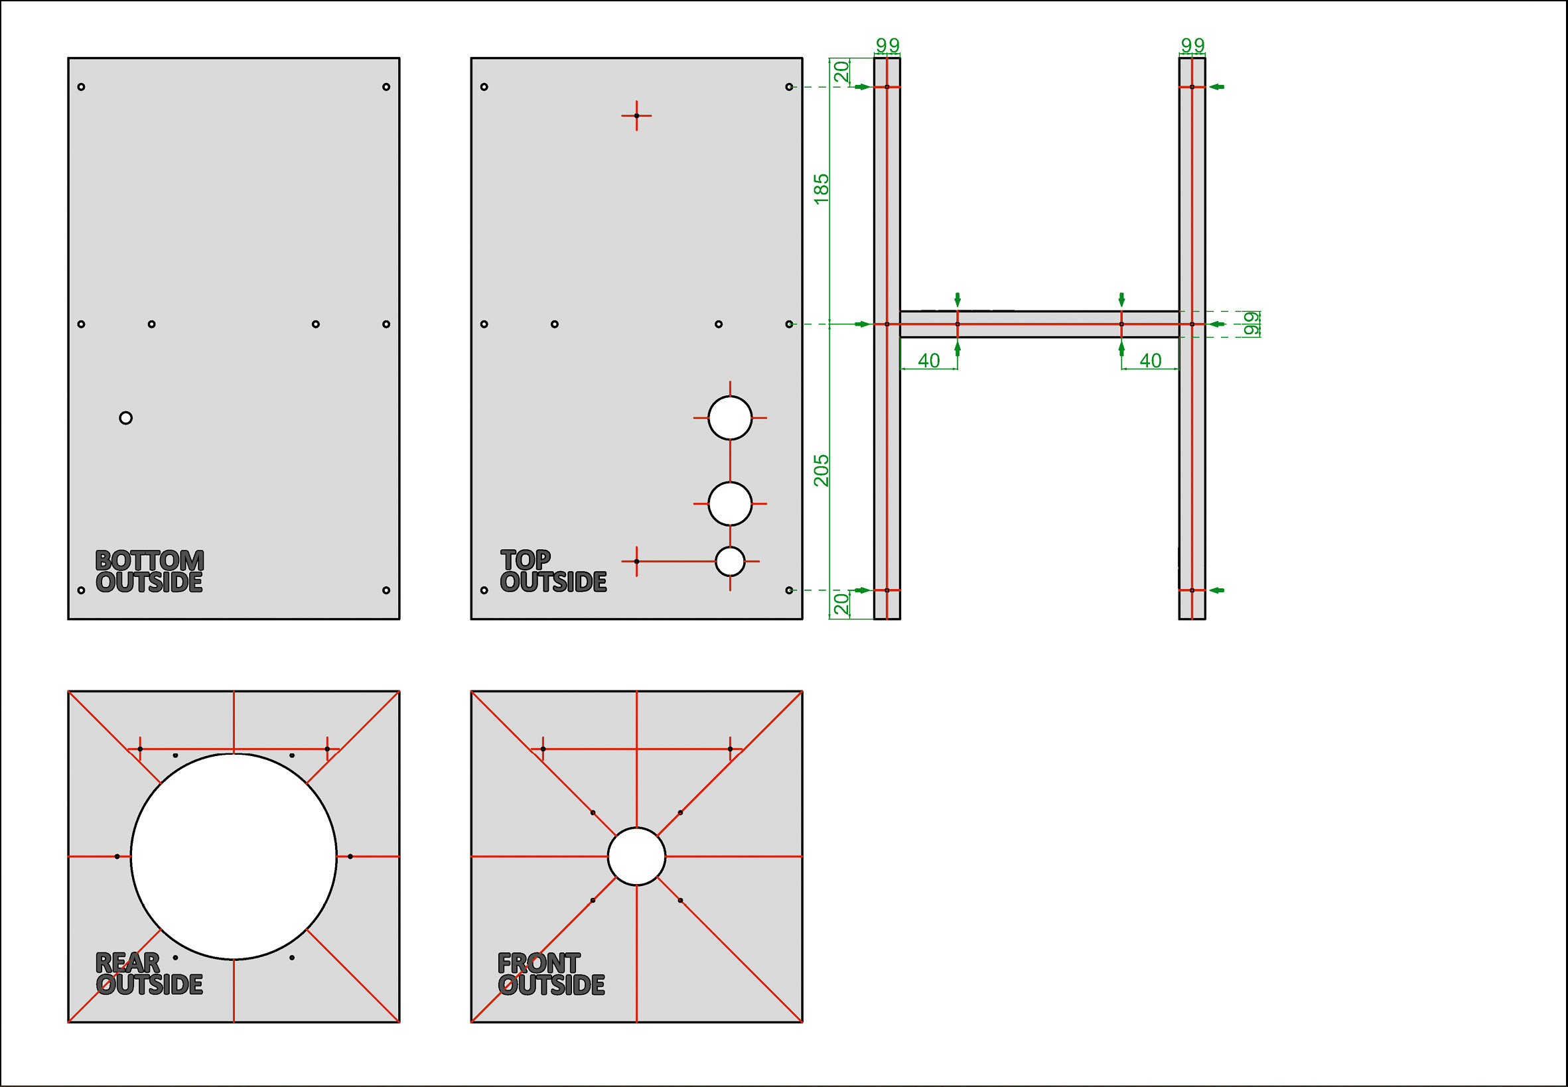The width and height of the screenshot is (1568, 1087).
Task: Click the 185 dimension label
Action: coord(821,188)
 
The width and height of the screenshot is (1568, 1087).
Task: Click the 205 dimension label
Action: coord(821,470)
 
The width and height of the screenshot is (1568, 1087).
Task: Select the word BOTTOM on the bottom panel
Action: coord(149,560)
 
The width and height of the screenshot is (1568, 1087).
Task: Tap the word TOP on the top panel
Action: coord(526,560)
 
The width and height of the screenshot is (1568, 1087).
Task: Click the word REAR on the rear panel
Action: coord(127,962)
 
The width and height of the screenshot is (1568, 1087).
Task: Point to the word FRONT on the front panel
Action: coord(538,963)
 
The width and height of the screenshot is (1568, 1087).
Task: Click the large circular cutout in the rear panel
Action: coord(234,856)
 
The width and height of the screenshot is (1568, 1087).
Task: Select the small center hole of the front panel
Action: coord(636,856)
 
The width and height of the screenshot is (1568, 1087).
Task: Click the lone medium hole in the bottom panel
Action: coord(125,418)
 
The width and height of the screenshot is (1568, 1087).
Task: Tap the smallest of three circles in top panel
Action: coord(730,561)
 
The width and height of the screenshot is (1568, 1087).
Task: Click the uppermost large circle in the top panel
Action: coord(730,418)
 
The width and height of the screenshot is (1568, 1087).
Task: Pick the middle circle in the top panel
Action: coord(730,503)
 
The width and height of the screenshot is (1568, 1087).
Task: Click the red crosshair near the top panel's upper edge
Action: coord(636,116)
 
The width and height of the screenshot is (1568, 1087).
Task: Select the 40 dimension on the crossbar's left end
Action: coord(929,360)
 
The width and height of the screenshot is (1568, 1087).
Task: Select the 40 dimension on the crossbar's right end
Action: coord(1150,360)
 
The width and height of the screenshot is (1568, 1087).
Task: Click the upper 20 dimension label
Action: coord(841,71)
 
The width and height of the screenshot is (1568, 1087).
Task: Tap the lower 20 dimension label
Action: coord(841,604)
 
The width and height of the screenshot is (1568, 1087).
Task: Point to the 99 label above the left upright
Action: coord(887,45)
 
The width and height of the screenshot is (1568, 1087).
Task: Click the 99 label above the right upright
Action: coord(1192,45)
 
